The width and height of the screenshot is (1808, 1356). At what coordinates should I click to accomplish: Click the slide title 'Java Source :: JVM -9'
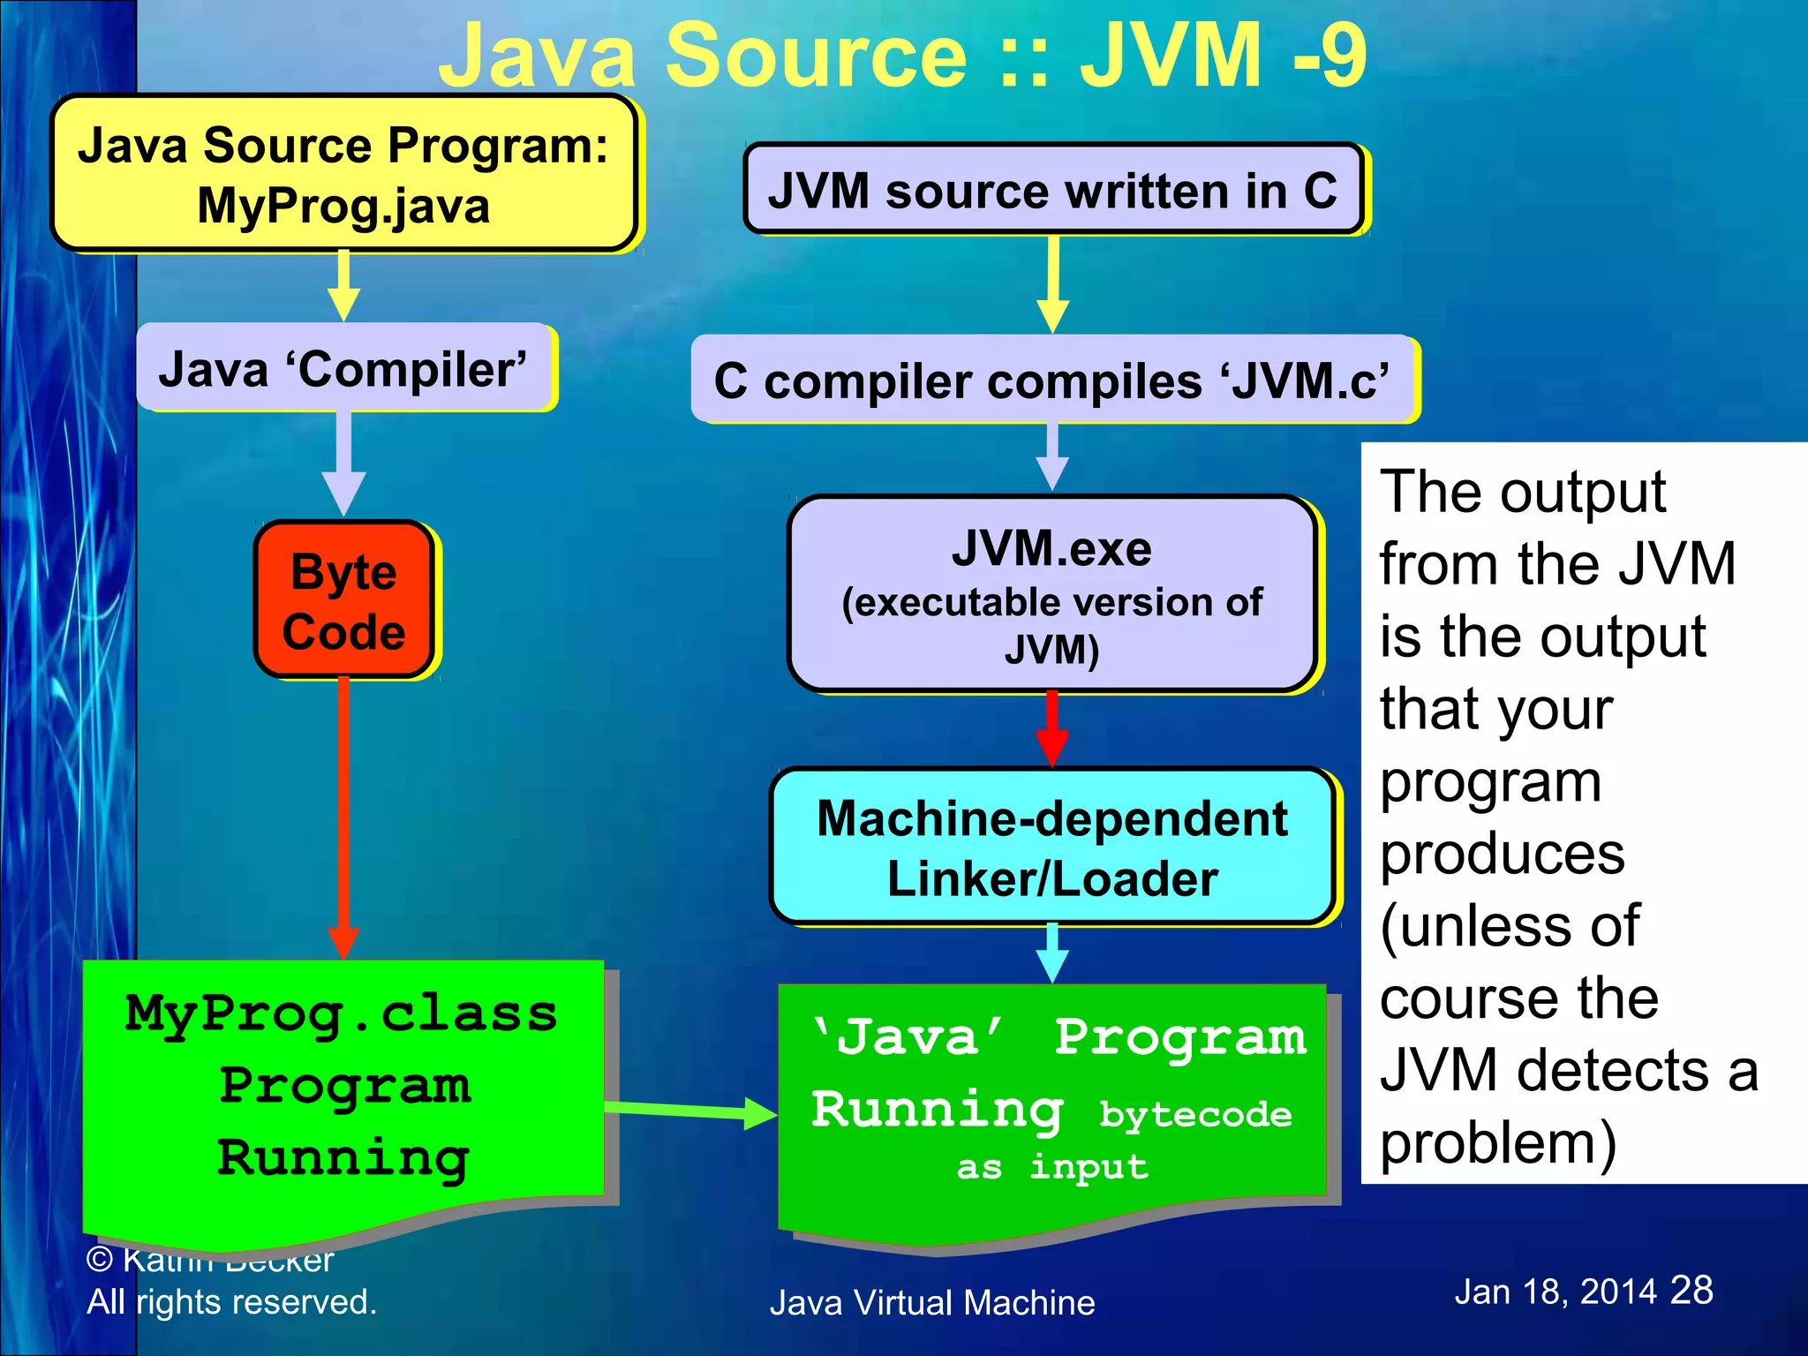[902, 55]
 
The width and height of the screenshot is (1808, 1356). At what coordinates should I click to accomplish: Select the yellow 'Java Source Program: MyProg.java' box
[343, 174]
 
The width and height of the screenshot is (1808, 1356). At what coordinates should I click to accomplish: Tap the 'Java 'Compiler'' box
[343, 368]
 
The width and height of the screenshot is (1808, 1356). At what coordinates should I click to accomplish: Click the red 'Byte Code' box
[343, 600]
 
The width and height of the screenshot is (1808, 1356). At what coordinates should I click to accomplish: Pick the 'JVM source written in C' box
[1052, 190]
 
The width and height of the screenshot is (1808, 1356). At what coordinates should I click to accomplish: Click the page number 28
[1691, 1290]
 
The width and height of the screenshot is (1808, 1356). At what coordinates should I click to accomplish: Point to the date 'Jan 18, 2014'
[1555, 1292]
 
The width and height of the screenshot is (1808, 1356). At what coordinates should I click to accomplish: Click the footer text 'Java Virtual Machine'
[932, 1303]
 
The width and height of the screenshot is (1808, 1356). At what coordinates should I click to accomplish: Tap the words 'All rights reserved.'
[231, 1302]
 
